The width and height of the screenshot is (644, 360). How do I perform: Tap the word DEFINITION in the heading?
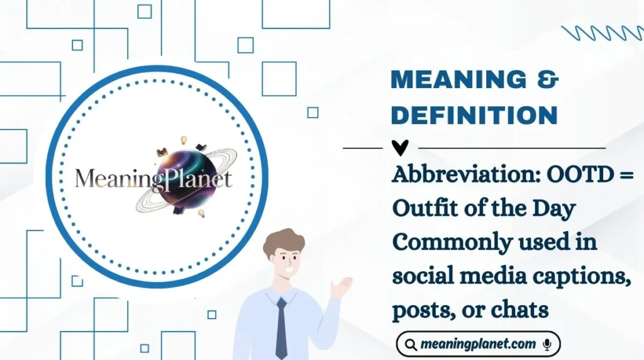[474, 115]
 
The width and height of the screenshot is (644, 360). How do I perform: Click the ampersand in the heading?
[548, 81]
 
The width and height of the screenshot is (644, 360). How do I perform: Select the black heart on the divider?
[400, 148]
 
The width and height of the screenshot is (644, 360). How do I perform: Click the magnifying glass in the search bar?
[411, 344]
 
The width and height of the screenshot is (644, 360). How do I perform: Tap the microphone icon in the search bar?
[547, 344]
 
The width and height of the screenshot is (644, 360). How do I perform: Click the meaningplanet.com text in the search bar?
[479, 344]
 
